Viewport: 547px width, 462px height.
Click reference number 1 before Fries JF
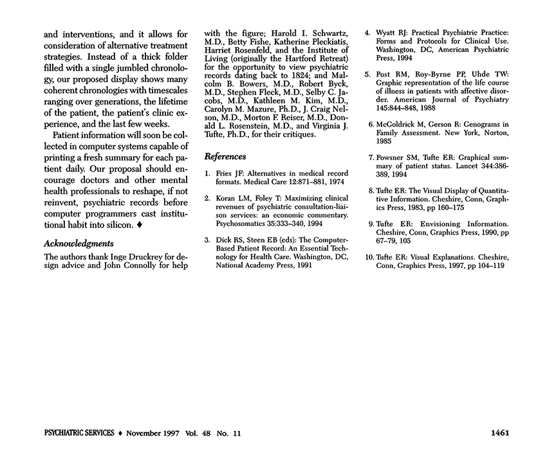[x=207, y=174]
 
